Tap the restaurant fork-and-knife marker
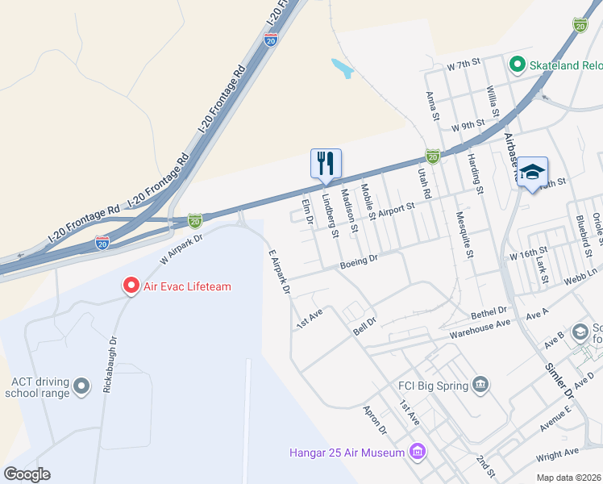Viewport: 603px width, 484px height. click(326, 163)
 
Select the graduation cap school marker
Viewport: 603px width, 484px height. click(532, 173)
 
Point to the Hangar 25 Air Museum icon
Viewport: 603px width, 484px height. click(417, 451)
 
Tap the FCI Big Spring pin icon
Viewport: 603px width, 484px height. click(480, 383)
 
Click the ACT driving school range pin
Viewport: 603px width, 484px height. click(81, 387)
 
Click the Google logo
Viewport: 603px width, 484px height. click(27, 474)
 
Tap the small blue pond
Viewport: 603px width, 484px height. click(342, 68)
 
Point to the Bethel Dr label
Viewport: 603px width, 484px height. click(489, 311)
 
